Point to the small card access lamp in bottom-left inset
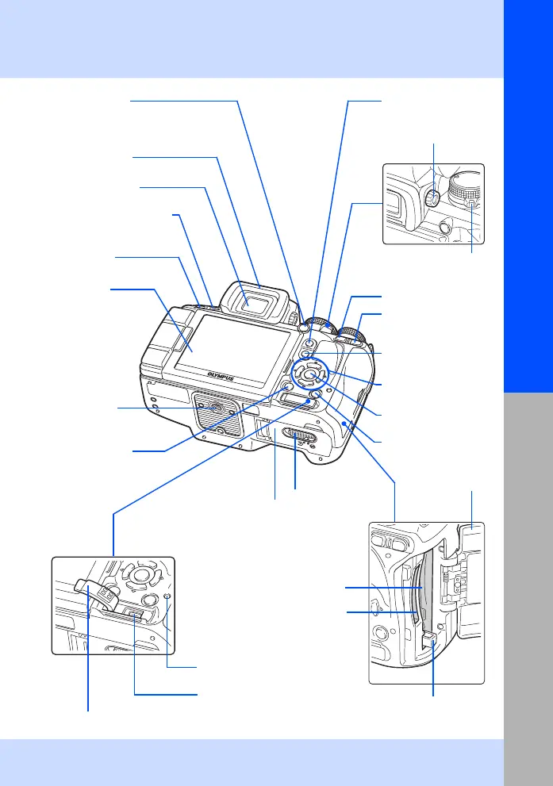click(167, 596)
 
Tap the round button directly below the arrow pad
click(315, 395)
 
